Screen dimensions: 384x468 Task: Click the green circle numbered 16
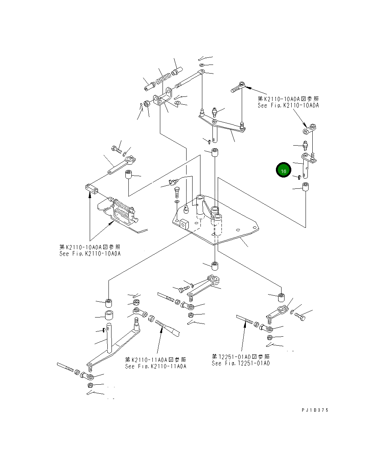(283, 170)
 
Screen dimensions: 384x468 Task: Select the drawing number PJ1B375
(315, 410)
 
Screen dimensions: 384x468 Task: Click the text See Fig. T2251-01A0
(241, 363)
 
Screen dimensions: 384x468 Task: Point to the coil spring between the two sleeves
(163, 79)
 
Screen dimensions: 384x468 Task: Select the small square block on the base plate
(184, 224)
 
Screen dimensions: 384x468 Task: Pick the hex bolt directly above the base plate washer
(177, 192)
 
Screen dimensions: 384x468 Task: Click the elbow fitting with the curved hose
(173, 182)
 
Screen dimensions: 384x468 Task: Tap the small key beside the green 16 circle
(299, 177)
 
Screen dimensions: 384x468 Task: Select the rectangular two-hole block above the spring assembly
(92, 189)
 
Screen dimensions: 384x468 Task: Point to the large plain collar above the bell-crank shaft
(109, 315)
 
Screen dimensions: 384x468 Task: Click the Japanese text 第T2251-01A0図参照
(241, 357)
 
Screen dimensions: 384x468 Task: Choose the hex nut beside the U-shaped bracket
(147, 104)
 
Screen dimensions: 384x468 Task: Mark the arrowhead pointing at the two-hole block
(90, 195)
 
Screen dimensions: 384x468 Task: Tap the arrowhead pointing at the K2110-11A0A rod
(162, 330)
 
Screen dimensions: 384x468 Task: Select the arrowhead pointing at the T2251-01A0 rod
(245, 325)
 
